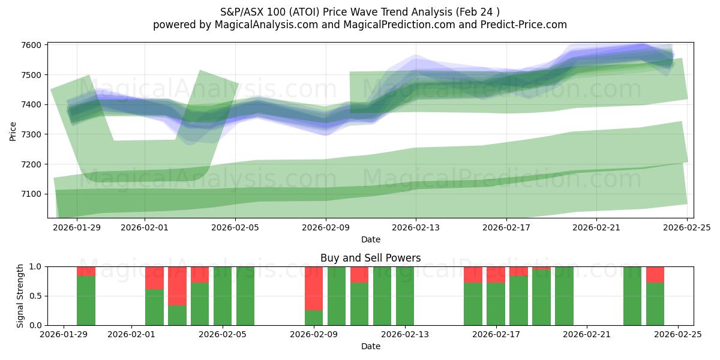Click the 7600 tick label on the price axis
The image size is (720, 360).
31,45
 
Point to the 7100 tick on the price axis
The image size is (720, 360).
31,194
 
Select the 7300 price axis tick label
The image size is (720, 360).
31,134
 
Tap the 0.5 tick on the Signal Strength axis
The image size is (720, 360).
35,296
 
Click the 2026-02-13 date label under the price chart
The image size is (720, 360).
416,227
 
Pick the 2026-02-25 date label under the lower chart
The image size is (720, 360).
677,335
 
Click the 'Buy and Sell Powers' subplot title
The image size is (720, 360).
370,258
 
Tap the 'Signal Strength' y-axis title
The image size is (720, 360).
21,296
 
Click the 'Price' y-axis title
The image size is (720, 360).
13,130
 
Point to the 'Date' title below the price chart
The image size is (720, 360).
370,239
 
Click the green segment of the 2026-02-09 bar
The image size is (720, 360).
314,317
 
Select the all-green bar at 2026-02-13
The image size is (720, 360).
405,296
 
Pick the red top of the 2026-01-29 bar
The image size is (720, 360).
86,271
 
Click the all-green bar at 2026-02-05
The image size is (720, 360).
223,296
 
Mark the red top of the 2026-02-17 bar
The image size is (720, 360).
496,274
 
